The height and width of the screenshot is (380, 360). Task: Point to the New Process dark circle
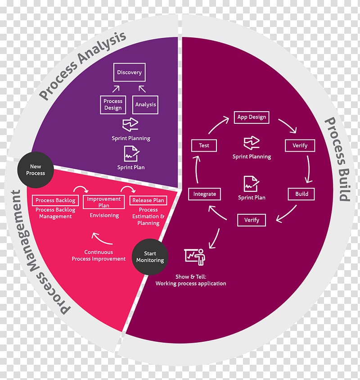click(x=36, y=170)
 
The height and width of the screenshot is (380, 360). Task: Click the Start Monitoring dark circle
click(x=150, y=257)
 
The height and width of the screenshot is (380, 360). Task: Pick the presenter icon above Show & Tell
click(x=195, y=257)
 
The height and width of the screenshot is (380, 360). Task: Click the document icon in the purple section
click(x=131, y=154)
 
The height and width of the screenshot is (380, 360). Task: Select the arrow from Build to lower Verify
click(x=286, y=214)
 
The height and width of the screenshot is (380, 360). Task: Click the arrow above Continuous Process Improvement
click(x=102, y=239)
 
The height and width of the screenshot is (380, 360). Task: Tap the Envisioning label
click(x=104, y=216)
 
